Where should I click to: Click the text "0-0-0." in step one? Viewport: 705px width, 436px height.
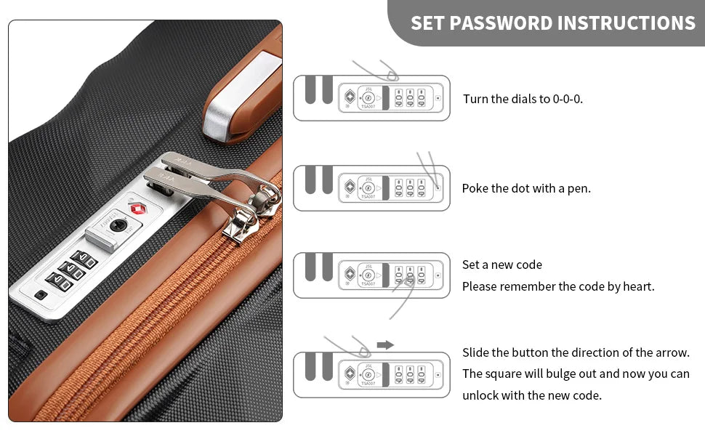pos(568,99)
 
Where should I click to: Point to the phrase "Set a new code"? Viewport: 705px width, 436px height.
pos(502,265)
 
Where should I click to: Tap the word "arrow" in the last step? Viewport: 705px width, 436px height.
pos(672,352)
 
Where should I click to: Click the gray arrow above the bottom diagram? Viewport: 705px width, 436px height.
pos(385,345)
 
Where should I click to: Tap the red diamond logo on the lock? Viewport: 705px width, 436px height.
pos(139,209)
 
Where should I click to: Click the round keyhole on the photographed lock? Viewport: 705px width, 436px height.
pos(118,225)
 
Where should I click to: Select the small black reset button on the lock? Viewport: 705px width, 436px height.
pos(41,295)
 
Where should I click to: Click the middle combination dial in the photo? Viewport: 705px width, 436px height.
pos(72,270)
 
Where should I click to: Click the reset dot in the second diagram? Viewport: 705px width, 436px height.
pos(438,188)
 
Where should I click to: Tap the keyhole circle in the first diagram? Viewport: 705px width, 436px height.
pos(368,97)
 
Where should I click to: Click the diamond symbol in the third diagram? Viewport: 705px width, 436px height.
pos(350,274)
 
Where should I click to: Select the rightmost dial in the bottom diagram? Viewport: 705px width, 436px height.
pos(422,374)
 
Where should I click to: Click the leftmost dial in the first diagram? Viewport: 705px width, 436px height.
pos(399,97)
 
